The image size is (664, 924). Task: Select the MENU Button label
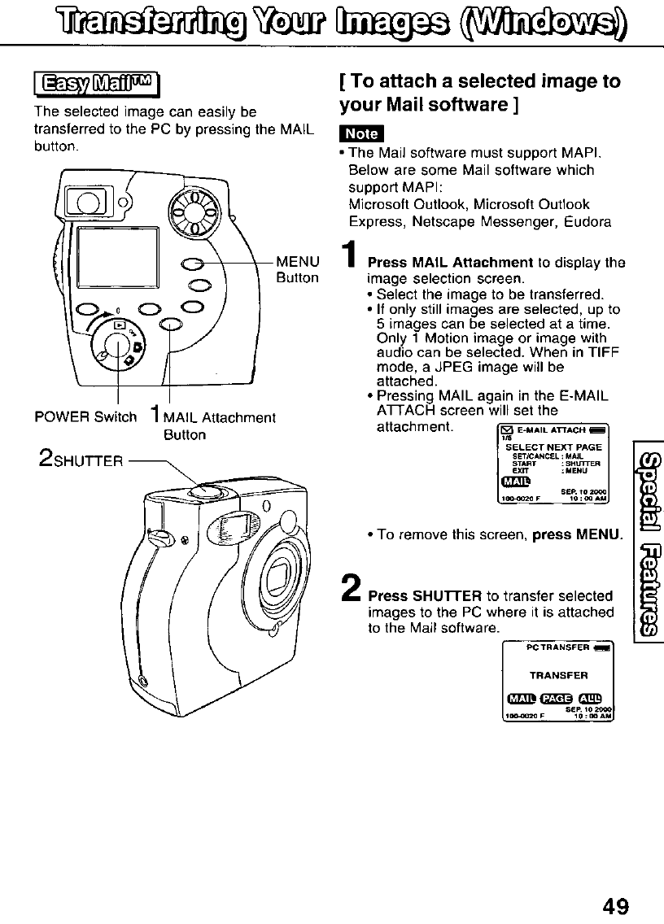(x=298, y=269)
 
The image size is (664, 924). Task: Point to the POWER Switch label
(x=85, y=417)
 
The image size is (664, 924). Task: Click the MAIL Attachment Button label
(x=215, y=425)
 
